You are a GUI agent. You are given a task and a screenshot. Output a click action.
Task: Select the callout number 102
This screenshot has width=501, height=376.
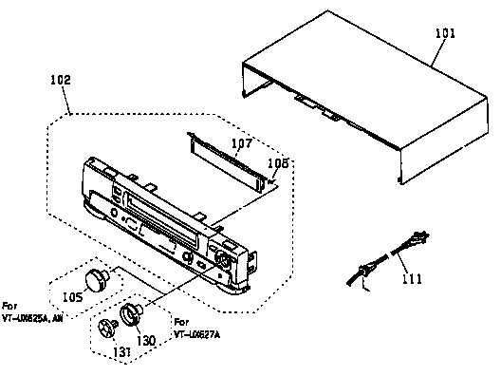pos(59,81)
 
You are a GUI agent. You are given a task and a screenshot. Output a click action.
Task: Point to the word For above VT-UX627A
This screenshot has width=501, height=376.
pos(181,323)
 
